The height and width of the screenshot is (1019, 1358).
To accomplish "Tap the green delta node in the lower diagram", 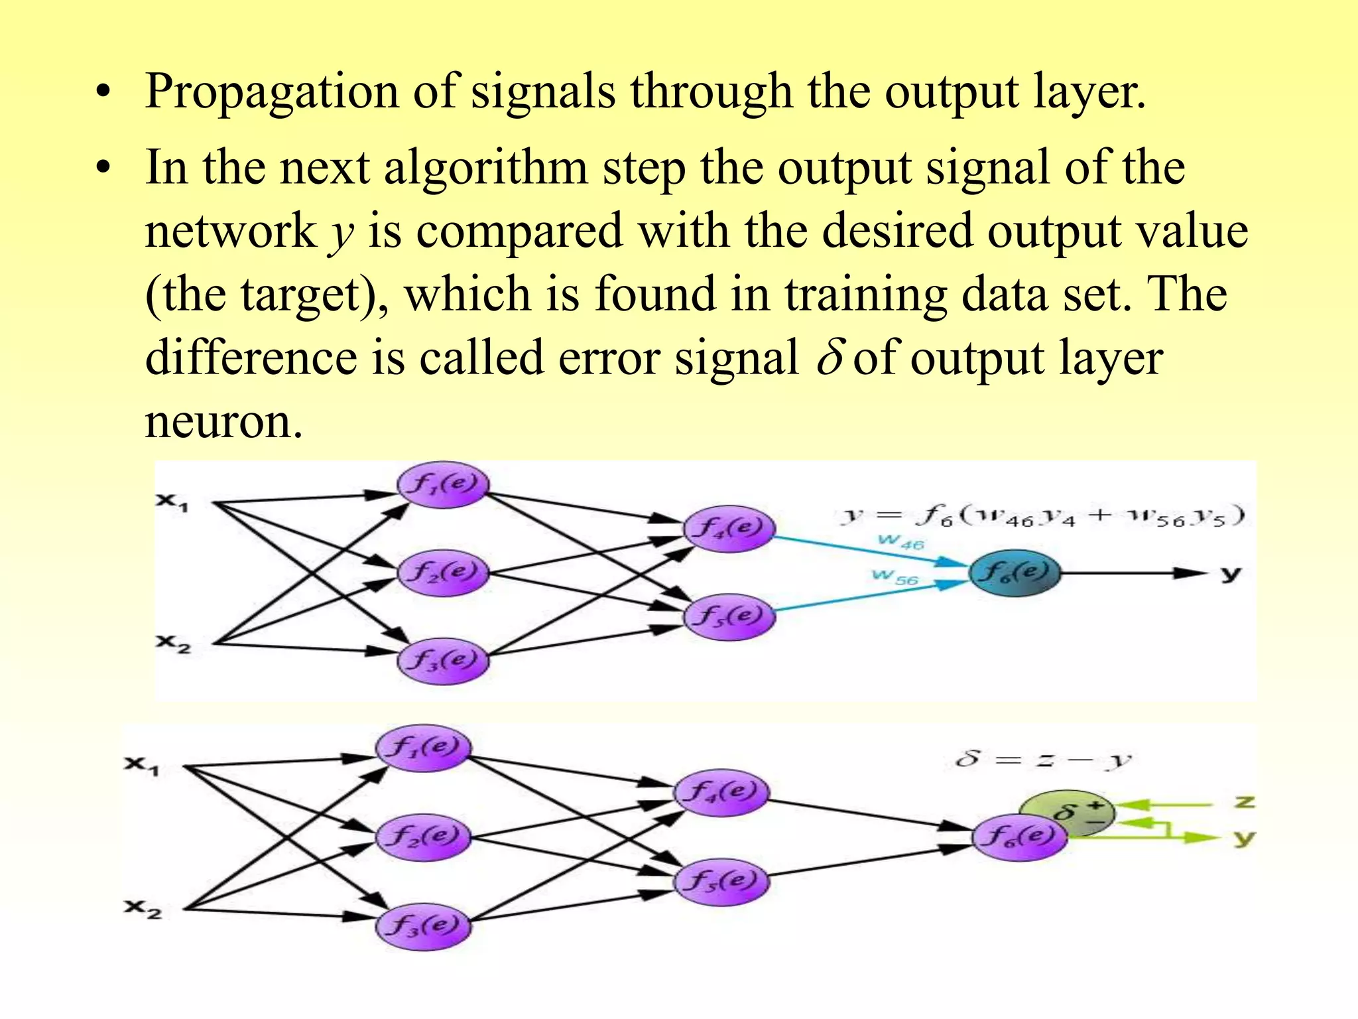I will pyautogui.click(x=1066, y=811).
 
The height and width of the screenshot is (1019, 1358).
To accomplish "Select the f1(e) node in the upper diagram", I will pyautogui.click(x=443, y=484).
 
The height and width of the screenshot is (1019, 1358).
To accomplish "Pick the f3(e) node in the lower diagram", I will pyautogui.click(x=423, y=926).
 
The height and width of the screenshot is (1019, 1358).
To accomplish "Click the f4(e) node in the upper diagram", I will pyautogui.click(x=729, y=529).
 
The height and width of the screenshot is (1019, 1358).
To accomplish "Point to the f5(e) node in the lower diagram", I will pyautogui.click(x=721, y=882).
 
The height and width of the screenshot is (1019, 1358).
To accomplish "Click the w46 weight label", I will pyautogui.click(x=900, y=542).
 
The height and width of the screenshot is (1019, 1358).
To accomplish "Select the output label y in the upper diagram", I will pyautogui.click(x=1230, y=574).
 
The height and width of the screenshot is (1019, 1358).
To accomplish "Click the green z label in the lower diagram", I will pyautogui.click(x=1245, y=802).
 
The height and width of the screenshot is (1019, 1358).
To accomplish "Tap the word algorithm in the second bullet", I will pyautogui.click(x=485, y=167).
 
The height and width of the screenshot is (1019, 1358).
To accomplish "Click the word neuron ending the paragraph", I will pyautogui.click(x=223, y=422).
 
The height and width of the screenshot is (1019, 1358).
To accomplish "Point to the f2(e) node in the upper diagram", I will pyautogui.click(x=443, y=573).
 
